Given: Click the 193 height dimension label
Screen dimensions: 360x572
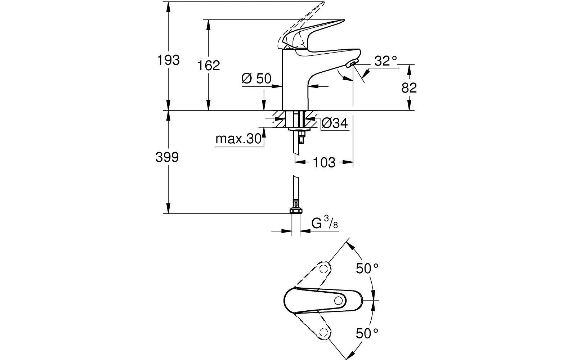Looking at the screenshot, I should (x=168, y=60).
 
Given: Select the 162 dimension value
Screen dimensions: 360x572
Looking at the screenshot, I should (x=209, y=66).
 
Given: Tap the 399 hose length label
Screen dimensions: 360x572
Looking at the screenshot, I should (x=167, y=157).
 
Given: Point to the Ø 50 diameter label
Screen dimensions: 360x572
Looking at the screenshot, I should (x=256, y=79).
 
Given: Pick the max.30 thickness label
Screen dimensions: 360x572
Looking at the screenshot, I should (x=238, y=139).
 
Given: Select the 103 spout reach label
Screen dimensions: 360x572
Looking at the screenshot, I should (x=324, y=163).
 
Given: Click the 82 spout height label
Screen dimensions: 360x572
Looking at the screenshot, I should (x=409, y=88).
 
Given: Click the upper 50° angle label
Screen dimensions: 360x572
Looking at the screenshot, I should (x=367, y=269).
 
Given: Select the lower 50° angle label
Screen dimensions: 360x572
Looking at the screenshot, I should (x=367, y=333).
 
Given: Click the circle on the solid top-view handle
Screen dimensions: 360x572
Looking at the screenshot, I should (x=339, y=301).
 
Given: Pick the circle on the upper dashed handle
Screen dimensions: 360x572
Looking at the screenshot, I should (x=325, y=269).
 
